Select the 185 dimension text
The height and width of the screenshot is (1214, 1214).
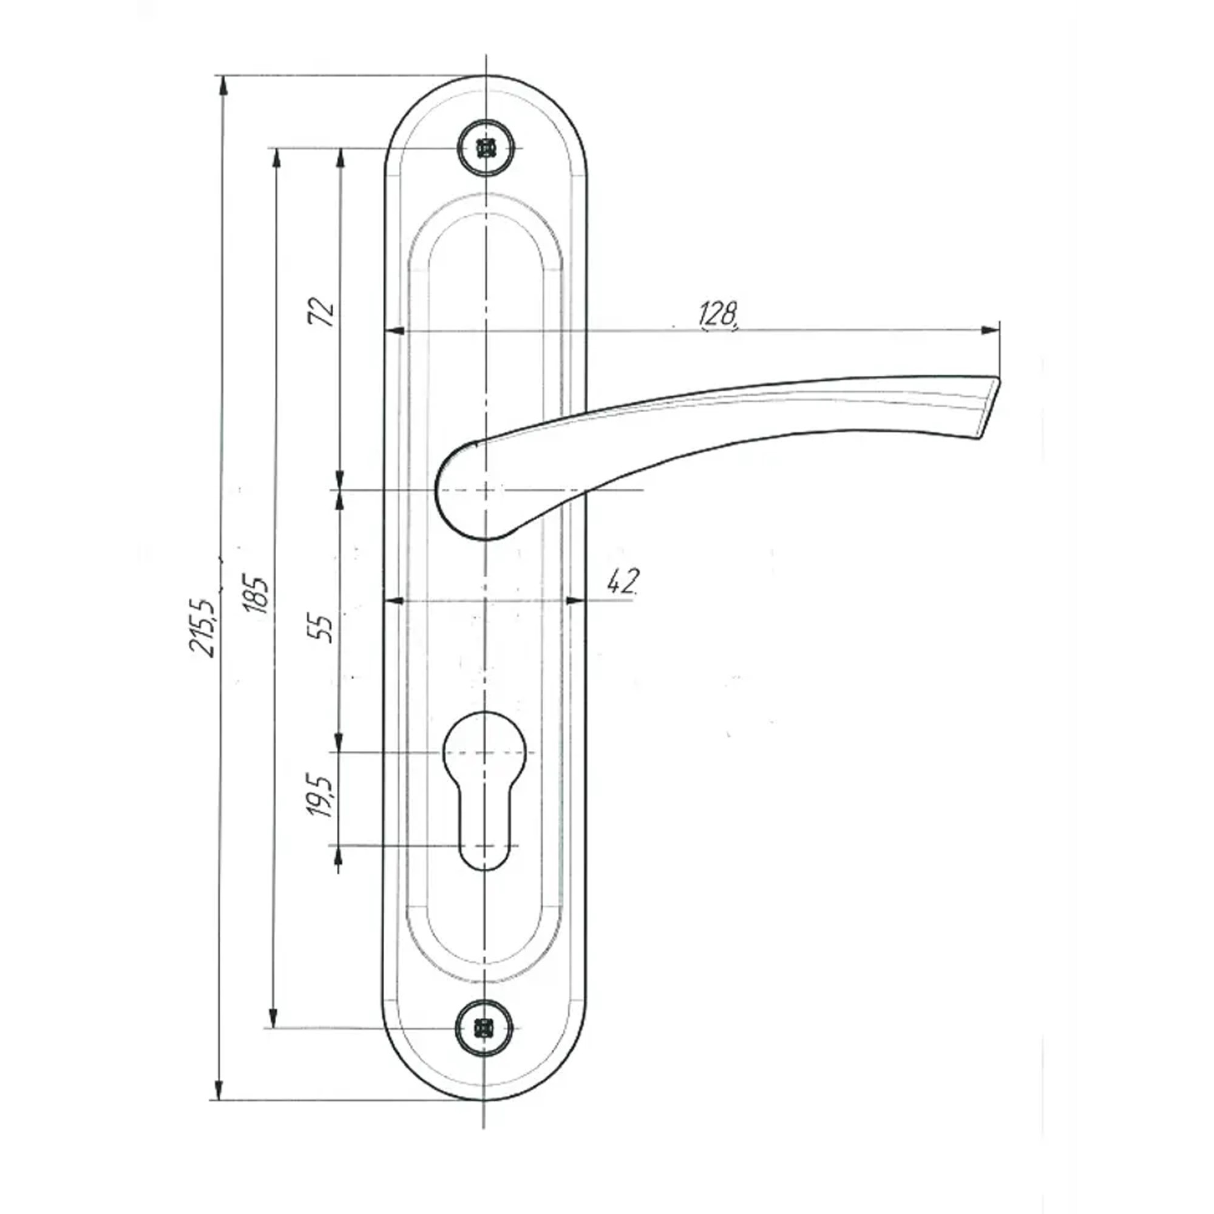(256, 592)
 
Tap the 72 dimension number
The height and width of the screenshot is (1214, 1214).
(321, 312)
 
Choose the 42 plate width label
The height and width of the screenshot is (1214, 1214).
(623, 583)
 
